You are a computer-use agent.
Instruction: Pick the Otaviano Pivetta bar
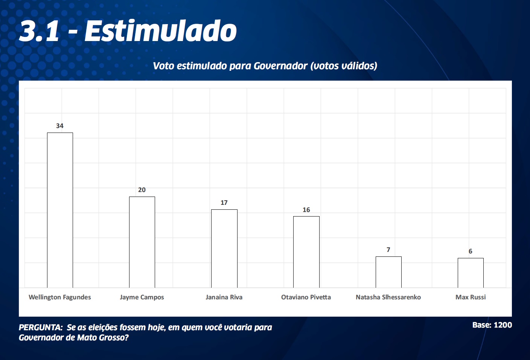(x=306, y=252)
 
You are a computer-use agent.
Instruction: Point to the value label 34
(x=60, y=126)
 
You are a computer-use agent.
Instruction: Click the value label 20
(x=142, y=190)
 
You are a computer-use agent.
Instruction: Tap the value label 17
(x=224, y=203)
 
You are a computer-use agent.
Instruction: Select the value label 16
(x=306, y=210)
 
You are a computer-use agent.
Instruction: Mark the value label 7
(x=388, y=250)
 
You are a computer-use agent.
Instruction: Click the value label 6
(x=471, y=251)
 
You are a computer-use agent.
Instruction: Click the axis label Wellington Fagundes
(x=60, y=297)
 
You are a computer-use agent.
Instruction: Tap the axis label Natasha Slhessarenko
(x=388, y=297)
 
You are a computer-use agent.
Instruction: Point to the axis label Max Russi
(x=471, y=297)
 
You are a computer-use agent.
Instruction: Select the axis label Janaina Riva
(x=224, y=297)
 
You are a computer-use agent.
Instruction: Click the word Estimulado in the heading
(x=161, y=31)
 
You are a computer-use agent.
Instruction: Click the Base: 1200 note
(x=492, y=325)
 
